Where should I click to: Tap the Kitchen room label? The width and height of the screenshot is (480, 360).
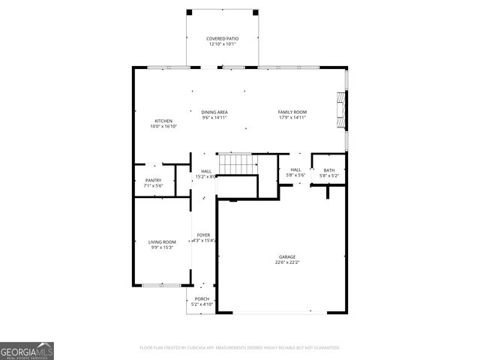pos(163,121)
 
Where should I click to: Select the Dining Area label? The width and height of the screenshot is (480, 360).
pos(214,112)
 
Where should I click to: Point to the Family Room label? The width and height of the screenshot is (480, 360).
pos(292,112)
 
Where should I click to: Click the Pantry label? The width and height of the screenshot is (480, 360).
pos(153,180)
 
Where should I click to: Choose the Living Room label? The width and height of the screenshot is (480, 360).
pos(162,241)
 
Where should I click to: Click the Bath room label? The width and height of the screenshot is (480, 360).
pos(329,170)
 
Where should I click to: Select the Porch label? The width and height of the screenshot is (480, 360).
pos(202,298)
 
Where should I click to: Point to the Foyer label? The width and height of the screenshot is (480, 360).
pos(203,235)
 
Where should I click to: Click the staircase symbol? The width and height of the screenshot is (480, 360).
pos(236,163)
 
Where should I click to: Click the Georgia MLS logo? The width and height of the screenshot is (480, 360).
pos(27,350)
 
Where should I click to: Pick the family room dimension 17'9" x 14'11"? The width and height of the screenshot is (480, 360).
pos(292,118)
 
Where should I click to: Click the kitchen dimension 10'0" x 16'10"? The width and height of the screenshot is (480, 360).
pos(163,127)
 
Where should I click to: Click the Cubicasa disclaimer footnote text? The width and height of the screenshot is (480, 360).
pos(240,348)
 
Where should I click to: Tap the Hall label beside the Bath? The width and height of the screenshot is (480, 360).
pos(295,170)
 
